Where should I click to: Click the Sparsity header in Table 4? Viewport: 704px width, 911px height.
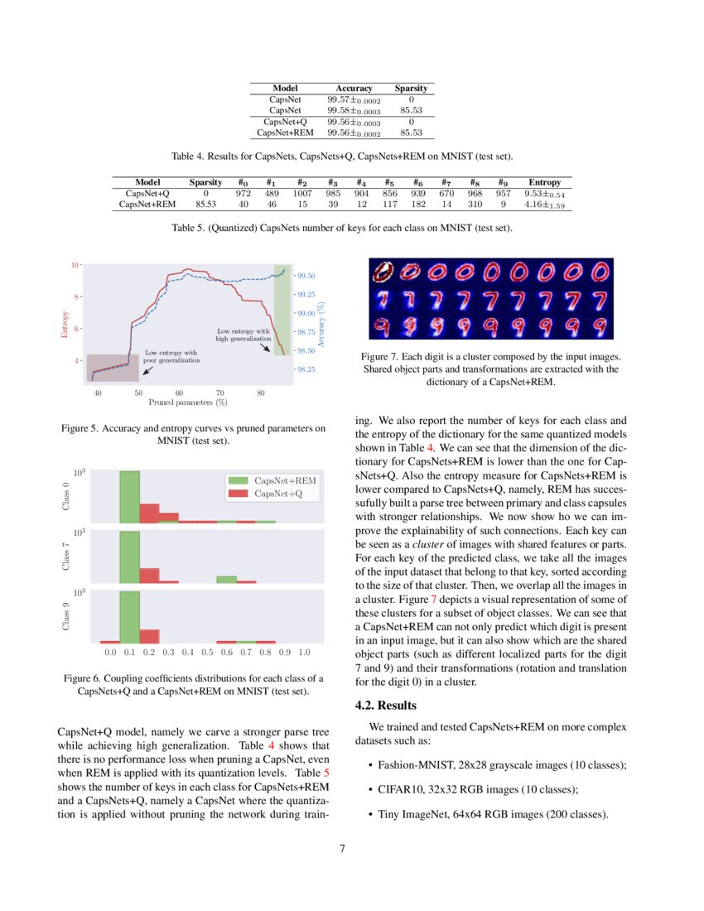click(x=411, y=88)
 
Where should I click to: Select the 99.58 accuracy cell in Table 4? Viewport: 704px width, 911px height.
click(x=354, y=110)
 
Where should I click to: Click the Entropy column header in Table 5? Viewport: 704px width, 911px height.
click(x=544, y=182)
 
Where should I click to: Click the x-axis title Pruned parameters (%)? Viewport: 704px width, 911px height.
click(x=188, y=402)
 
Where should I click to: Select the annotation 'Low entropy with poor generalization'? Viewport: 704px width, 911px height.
click(x=171, y=357)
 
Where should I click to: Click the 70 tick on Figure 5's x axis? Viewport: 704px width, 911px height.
click(x=219, y=393)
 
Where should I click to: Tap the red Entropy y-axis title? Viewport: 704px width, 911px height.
click(x=64, y=324)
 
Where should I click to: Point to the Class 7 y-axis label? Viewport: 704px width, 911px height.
click(x=65, y=555)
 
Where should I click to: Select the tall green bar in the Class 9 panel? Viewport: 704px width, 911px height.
click(x=129, y=617)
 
